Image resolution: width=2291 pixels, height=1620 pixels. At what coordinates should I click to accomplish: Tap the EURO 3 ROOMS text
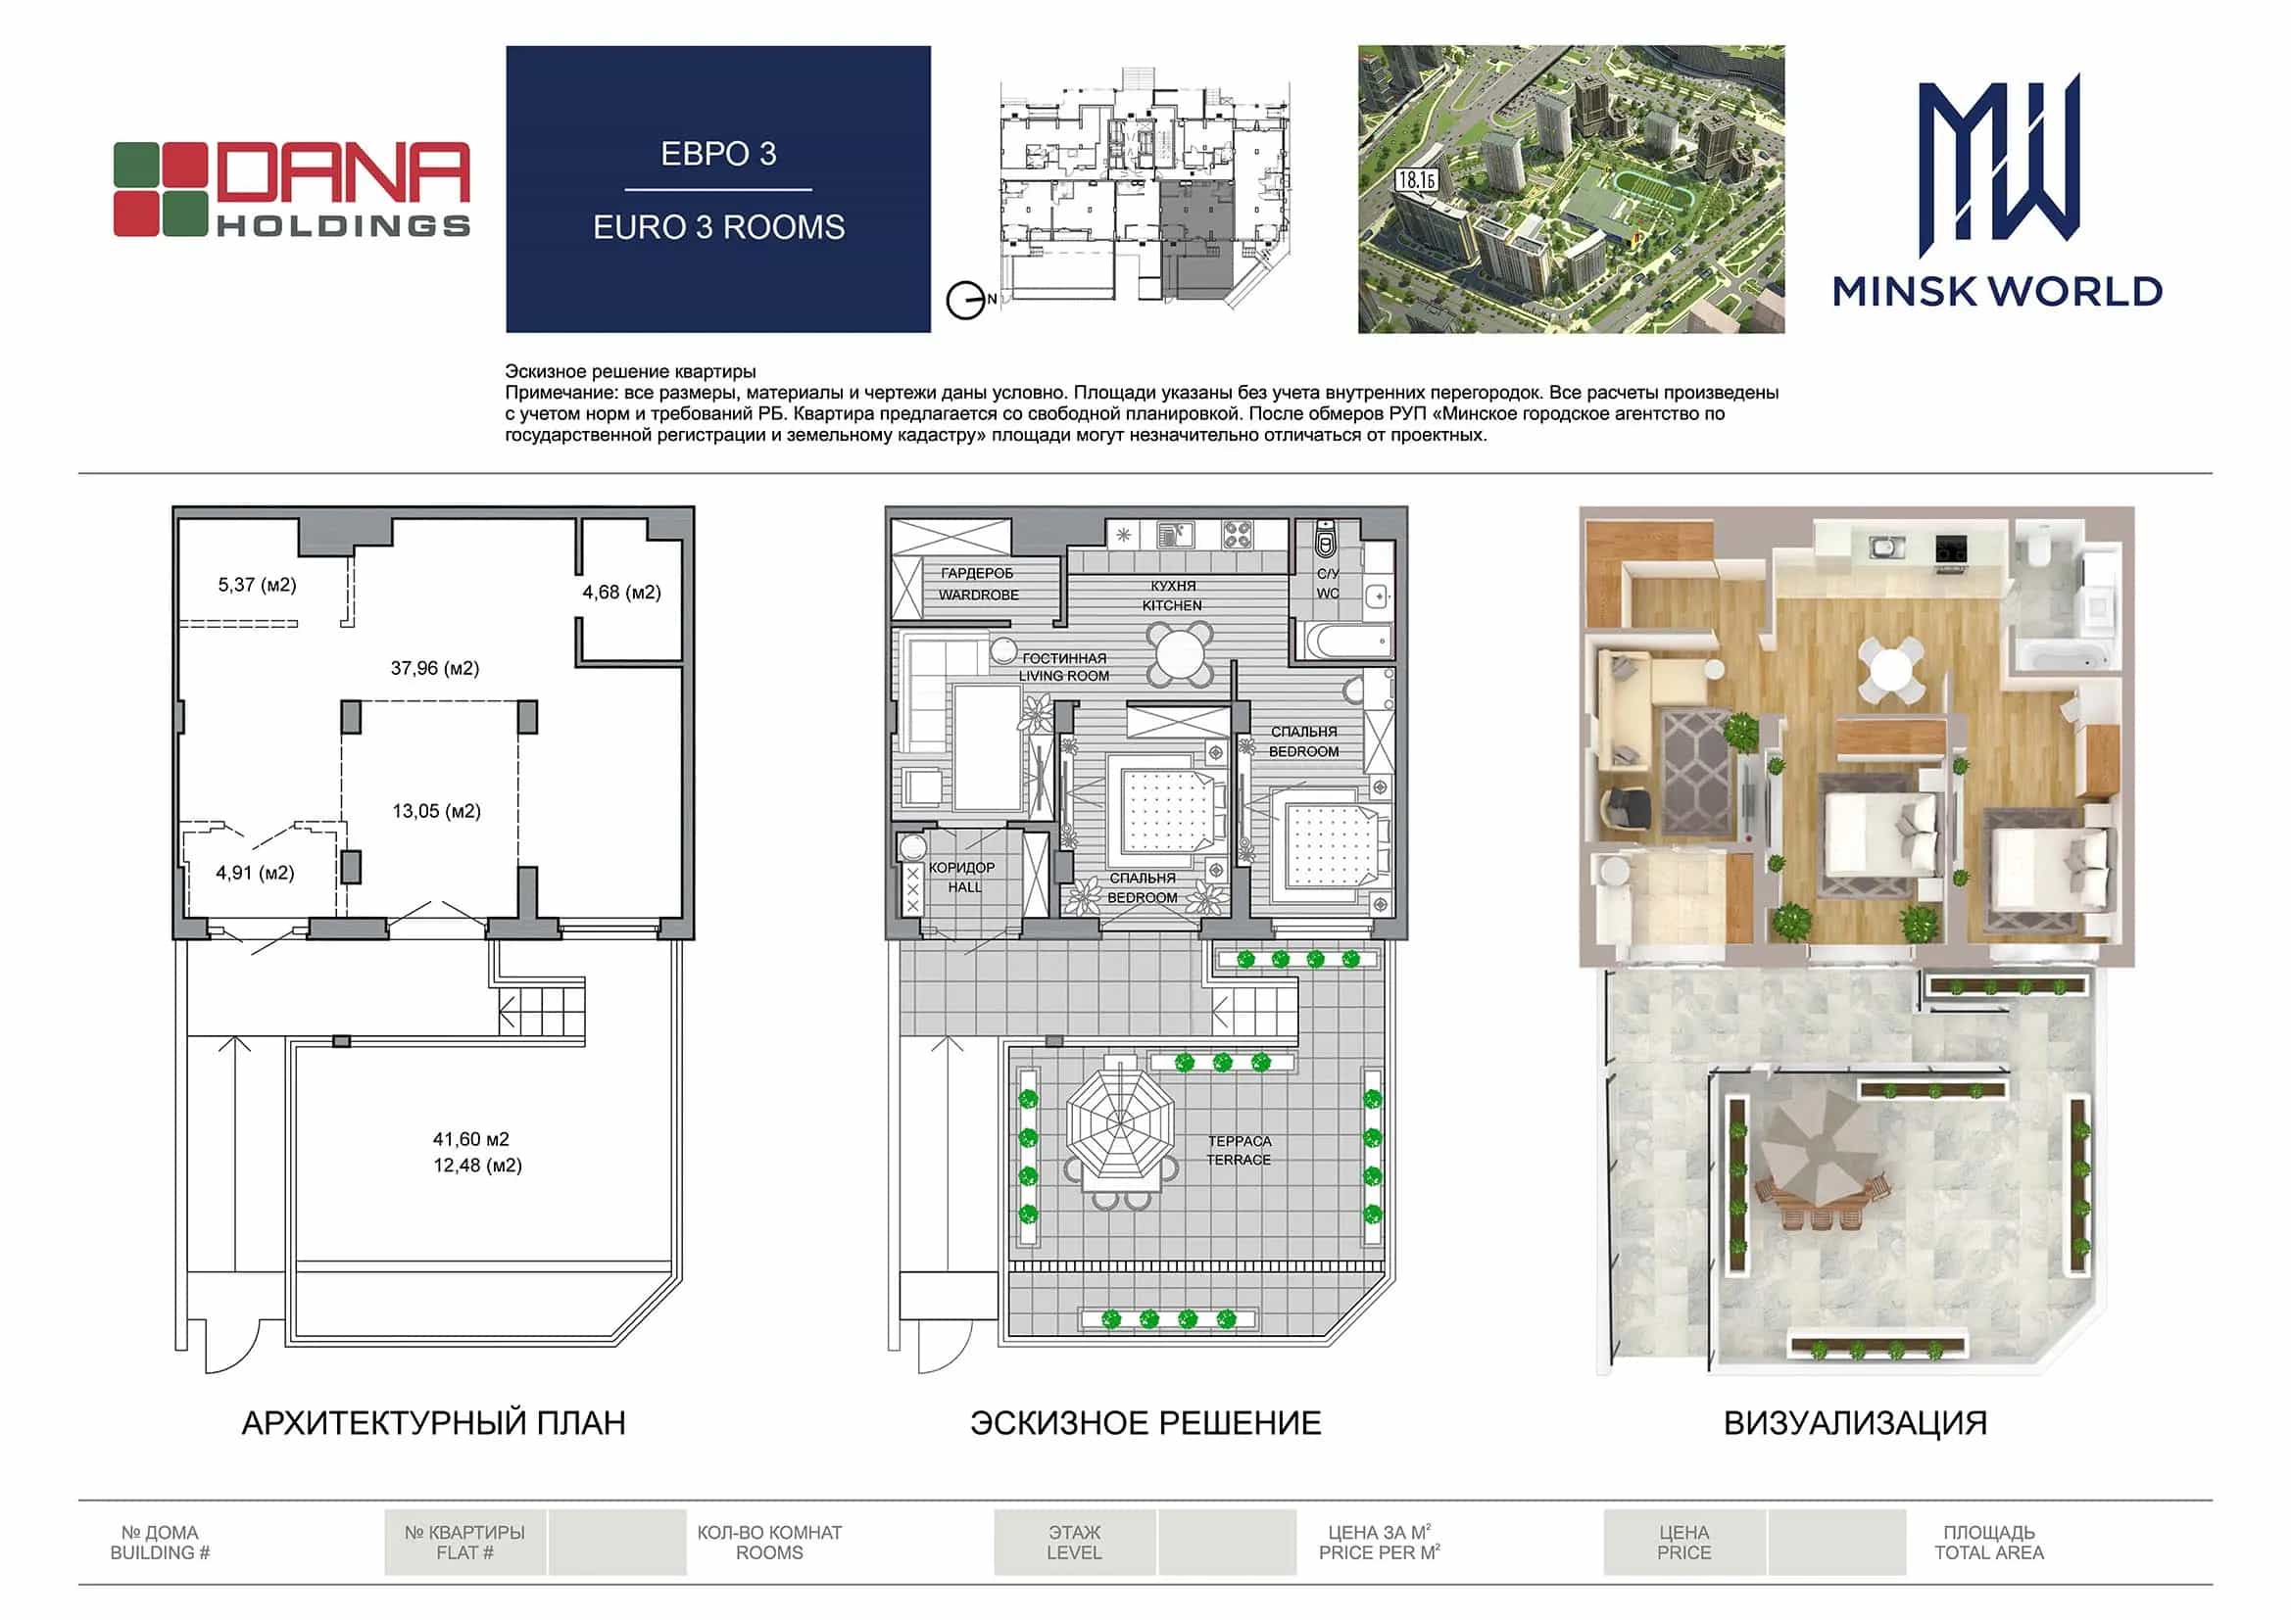tap(718, 227)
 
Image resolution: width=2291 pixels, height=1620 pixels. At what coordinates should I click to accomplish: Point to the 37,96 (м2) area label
tap(435, 668)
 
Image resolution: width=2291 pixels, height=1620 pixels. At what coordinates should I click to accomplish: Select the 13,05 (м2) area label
tap(436, 811)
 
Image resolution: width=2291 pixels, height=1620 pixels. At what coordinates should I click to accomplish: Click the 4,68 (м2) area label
tap(621, 593)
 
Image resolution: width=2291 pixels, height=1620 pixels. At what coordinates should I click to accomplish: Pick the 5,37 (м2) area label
tap(258, 585)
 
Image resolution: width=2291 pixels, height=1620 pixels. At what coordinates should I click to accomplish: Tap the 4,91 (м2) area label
tap(256, 873)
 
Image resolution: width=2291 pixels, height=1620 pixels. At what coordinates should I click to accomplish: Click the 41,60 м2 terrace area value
tap(471, 1138)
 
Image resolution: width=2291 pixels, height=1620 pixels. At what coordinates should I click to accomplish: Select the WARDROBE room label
tap(979, 595)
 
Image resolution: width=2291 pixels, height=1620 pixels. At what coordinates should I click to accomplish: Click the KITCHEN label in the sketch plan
tap(1172, 605)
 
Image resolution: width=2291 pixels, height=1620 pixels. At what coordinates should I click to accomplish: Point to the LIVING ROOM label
tap(1064, 677)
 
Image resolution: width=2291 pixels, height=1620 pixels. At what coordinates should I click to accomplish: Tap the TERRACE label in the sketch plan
tap(1240, 1159)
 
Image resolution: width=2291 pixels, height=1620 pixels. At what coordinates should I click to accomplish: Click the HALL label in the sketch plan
tap(965, 886)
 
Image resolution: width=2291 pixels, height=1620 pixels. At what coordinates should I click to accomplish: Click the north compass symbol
tap(966, 301)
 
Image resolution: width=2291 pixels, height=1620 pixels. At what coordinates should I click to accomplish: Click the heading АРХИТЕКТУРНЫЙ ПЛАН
tap(434, 1422)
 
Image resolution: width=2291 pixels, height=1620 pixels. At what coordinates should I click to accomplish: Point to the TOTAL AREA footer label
tap(1989, 1553)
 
